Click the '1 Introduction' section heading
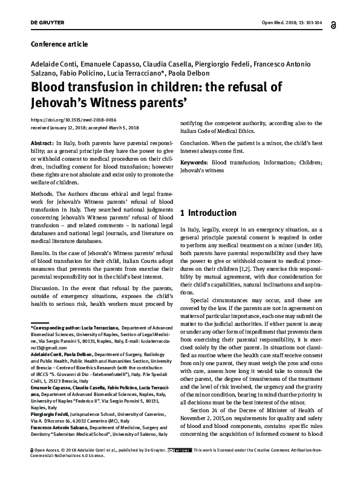pyautogui.click(x=209, y=213)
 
